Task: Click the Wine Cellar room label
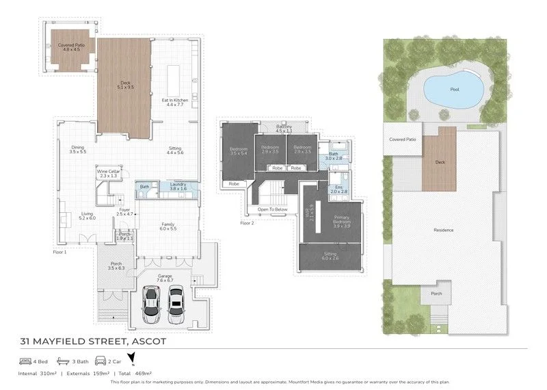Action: [107, 173]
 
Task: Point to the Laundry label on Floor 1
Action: [178, 186]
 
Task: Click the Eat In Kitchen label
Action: [174, 103]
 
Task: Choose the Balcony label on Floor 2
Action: [284, 128]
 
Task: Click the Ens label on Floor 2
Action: [338, 189]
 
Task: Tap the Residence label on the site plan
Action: [443, 230]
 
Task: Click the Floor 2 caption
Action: [247, 223]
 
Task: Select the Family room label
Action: [168, 225]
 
